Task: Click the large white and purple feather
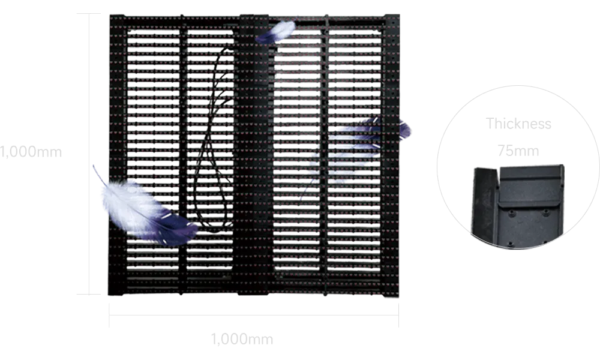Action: coord(141,210)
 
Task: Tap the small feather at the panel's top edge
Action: coord(277,31)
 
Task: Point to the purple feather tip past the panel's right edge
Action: coord(406,130)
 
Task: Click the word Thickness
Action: coord(518,124)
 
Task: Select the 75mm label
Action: coord(518,152)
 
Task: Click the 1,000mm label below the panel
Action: coord(242,340)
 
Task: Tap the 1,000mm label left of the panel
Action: coord(30,152)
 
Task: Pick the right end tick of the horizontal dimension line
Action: coord(400,317)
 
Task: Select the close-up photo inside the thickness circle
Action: coord(518,204)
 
